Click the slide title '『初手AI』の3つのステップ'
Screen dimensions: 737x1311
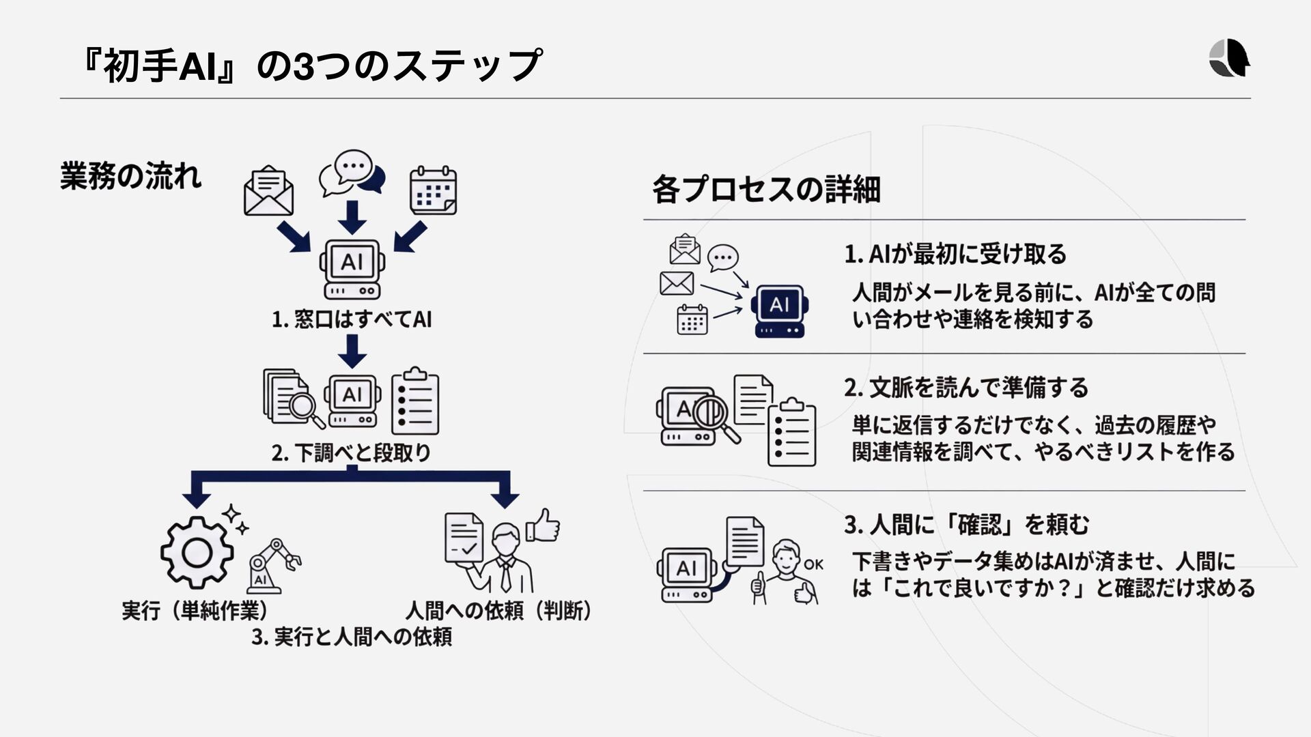311,66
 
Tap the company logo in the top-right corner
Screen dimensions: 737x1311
1229,59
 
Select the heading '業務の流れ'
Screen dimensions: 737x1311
130,176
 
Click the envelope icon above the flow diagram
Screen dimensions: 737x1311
268,191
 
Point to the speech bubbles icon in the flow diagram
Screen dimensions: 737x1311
352,173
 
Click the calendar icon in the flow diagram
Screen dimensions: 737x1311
433,190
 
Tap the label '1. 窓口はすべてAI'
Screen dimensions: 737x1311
352,319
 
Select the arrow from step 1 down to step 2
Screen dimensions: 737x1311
352,351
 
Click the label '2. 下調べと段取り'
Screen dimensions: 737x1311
352,452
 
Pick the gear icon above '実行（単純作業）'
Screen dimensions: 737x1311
197,552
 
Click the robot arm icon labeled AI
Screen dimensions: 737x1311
273,566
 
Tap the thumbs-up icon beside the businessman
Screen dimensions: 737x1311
544,526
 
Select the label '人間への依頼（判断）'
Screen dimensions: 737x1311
499,610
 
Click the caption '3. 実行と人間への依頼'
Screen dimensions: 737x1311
352,637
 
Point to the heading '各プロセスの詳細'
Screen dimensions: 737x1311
766,189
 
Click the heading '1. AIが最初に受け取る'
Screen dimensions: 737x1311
955,255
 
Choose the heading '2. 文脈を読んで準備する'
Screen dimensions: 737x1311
966,388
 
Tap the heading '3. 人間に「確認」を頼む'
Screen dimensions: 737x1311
966,524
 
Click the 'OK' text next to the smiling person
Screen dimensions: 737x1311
813,564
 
